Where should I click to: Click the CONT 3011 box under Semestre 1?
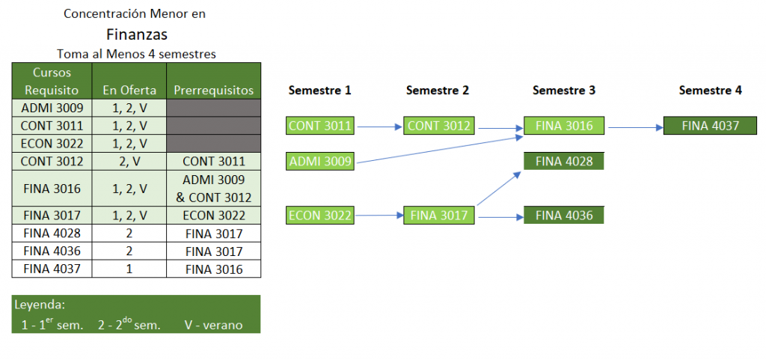coord(320,126)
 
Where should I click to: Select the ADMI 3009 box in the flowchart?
coord(320,161)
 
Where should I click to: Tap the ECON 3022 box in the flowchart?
coord(320,216)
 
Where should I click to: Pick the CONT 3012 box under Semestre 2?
coord(439,126)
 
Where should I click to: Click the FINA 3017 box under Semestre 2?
coord(439,216)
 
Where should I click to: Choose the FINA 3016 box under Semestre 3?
coord(564,126)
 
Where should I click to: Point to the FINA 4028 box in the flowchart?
coord(564,161)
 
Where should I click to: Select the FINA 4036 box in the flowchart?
coord(564,216)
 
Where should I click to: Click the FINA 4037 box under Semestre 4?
coord(711,126)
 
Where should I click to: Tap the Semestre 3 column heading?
coord(564,91)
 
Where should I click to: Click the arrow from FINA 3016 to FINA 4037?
coord(634,127)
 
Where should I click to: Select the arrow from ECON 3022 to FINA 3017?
coord(379,215)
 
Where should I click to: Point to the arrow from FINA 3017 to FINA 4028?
coord(498,188)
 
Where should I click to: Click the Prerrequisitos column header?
coord(213,91)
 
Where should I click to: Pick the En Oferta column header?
coord(129,91)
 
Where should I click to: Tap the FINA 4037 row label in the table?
coord(52,269)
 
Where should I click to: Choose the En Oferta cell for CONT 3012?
coord(129,162)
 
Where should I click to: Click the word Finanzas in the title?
coord(137,34)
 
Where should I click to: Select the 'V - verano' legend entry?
coord(213,325)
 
